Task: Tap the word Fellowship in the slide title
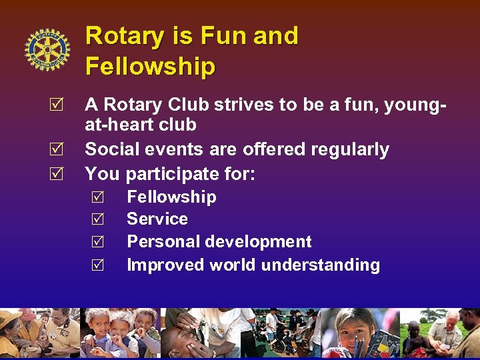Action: [x=150, y=67]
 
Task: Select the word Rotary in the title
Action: [x=126, y=35]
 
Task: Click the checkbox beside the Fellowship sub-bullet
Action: [x=97, y=197]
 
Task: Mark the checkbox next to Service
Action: [x=97, y=219]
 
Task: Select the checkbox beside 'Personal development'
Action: [x=97, y=242]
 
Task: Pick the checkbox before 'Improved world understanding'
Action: [x=97, y=265]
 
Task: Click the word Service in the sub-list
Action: [x=157, y=219]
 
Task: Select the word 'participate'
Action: [x=167, y=175]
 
